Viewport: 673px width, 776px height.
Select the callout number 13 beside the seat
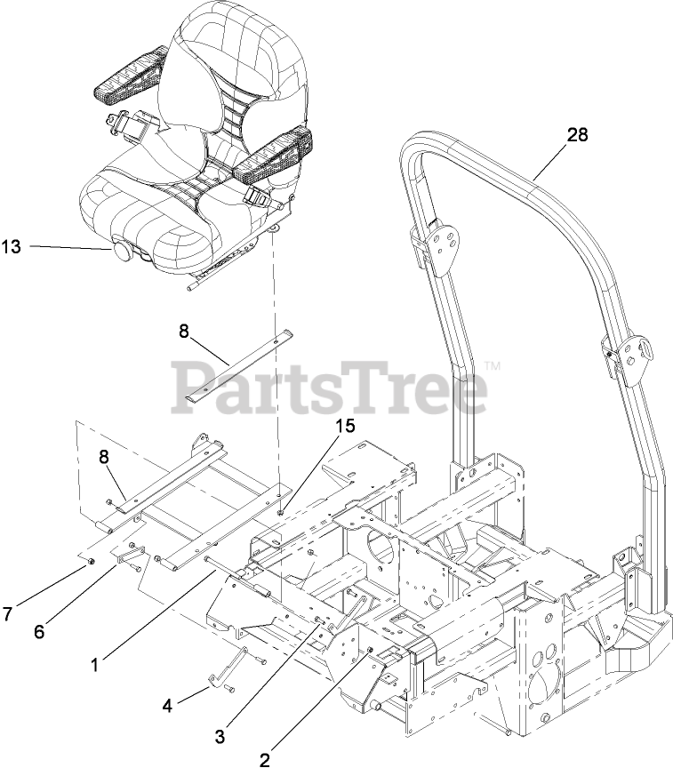(11, 247)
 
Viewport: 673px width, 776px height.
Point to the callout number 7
(9, 614)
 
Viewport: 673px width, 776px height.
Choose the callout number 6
(38, 632)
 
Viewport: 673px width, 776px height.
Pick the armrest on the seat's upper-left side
(128, 77)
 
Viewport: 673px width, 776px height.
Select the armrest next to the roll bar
(276, 150)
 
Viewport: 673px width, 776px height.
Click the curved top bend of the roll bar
(422, 142)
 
